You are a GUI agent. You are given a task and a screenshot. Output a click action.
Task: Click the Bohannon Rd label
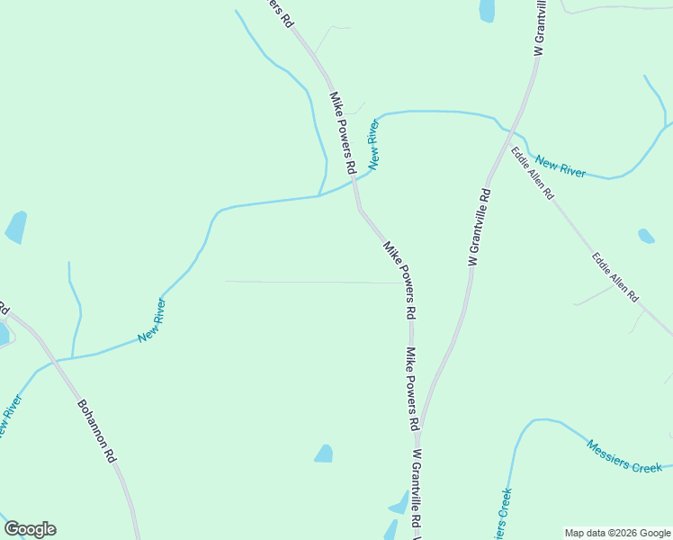click(96, 431)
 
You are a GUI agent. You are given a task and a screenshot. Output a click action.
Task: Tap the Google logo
click(30, 529)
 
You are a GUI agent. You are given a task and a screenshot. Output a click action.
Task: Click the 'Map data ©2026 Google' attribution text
click(617, 533)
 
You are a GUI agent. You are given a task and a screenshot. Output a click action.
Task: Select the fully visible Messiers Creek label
click(624, 455)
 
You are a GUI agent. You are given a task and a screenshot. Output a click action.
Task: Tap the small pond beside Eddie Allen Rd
click(646, 237)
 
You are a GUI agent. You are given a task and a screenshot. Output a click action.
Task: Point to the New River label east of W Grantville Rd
click(560, 166)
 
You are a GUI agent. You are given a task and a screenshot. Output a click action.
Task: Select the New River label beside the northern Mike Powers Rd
click(373, 143)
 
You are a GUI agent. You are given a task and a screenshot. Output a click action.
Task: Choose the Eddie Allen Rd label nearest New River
click(533, 172)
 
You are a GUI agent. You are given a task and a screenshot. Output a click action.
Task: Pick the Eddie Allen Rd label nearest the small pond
click(615, 276)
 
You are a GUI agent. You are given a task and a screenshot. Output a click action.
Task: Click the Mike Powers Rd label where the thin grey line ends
click(399, 280)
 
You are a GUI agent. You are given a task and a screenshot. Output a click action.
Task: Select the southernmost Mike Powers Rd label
click(412, 388)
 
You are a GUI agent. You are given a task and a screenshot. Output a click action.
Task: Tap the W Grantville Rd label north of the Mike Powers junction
click(479, 226)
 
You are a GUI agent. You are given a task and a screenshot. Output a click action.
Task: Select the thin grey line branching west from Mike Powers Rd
click(306, 282)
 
